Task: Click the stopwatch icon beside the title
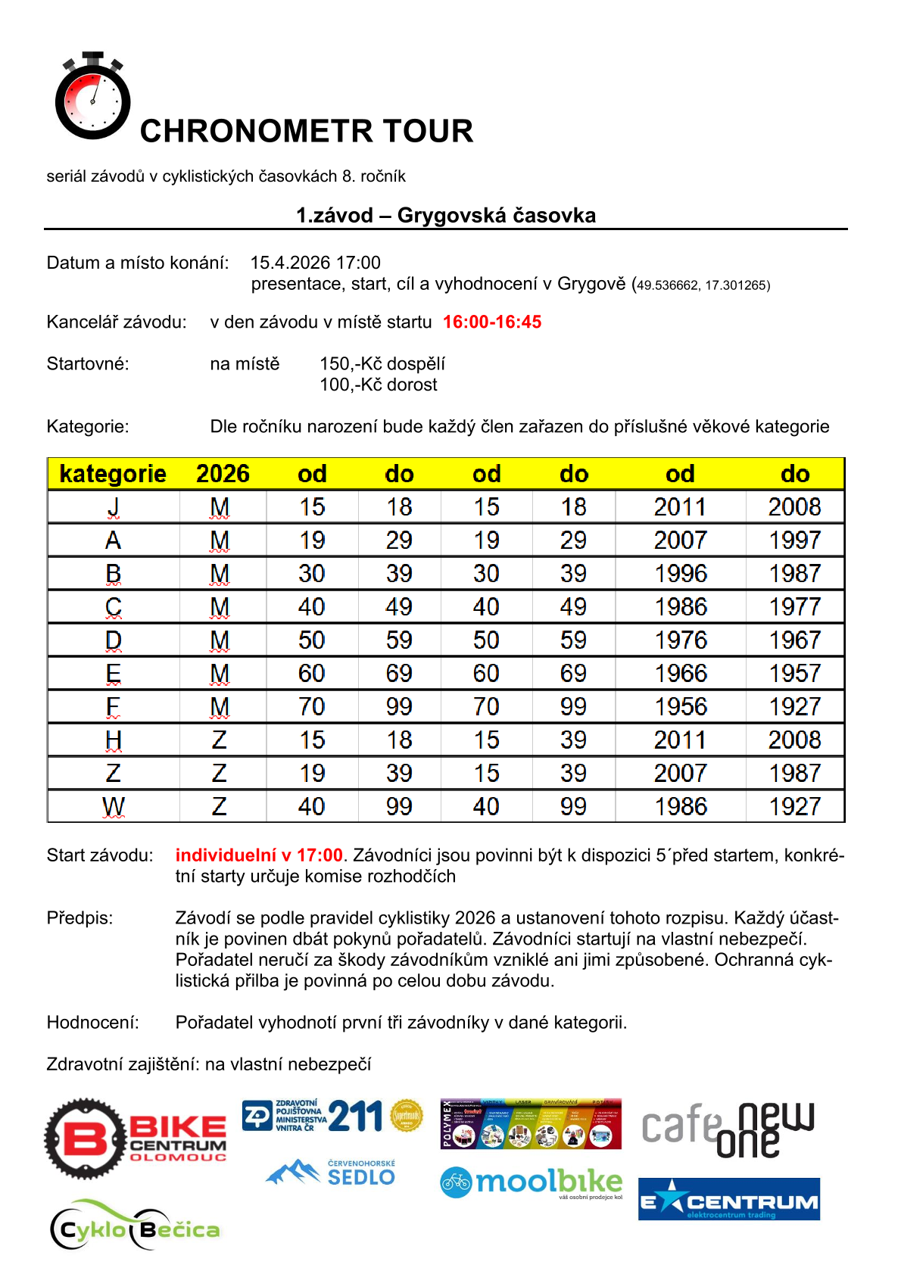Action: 92,97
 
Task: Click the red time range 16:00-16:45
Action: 492,322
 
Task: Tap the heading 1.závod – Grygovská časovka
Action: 446,216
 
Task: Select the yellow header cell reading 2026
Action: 223,474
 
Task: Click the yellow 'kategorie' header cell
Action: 113,474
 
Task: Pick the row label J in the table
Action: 113,507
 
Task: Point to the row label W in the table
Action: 113,807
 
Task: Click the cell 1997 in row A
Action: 794,540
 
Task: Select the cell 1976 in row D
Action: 680,640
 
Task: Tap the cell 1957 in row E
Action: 794,674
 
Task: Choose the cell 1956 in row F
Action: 680,707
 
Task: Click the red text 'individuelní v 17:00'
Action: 259,855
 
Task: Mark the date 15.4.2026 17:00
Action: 316,263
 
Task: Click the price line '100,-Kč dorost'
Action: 379,385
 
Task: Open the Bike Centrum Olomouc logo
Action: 135,1139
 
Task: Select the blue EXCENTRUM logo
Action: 728,1199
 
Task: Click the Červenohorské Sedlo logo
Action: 331,1173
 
